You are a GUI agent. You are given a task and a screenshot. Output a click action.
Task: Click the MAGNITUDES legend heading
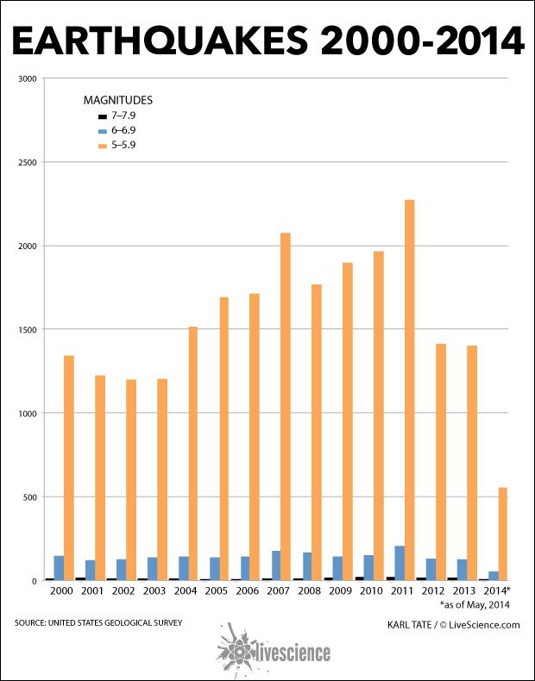[x=117, y=100]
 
